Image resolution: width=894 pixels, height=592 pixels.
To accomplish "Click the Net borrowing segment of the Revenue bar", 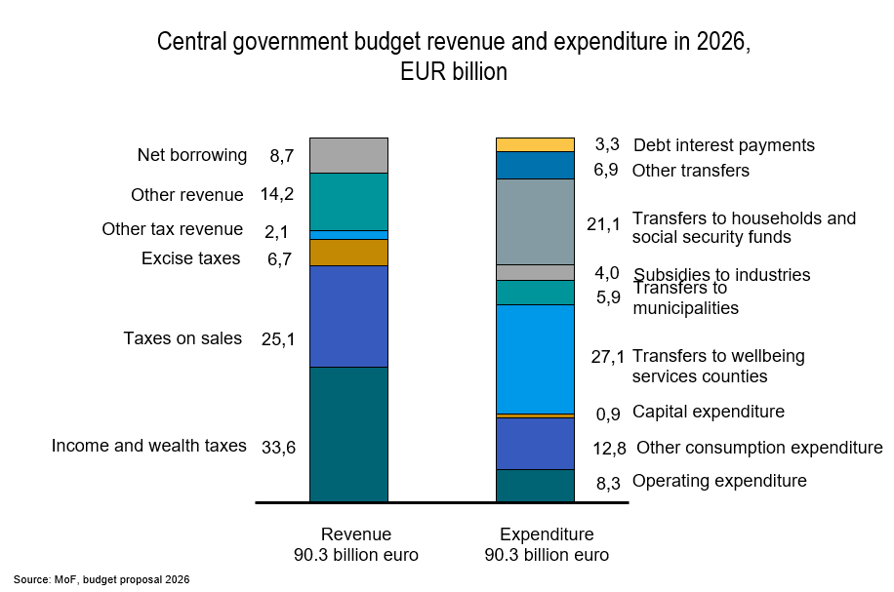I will click(348, 155).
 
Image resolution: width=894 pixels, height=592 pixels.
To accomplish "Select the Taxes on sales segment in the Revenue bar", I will click(348, 316).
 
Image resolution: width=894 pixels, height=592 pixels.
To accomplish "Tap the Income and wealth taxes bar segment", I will click(348, 434).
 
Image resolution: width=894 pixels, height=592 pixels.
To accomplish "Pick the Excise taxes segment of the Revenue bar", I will click(348, 253).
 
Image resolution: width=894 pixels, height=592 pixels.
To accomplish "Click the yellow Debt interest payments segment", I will click(535, 144).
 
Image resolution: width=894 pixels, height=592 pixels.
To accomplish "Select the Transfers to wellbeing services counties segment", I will click(535, 359).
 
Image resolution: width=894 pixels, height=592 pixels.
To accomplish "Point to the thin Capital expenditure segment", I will click(535, 415).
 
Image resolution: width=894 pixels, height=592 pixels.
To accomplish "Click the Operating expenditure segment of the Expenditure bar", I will click(535, 486).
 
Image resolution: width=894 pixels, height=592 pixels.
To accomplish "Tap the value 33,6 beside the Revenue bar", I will click(278, 449).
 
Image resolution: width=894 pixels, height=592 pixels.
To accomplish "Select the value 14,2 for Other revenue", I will click(277, 194).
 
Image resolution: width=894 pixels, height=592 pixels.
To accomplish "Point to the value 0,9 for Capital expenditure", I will click(607, 414).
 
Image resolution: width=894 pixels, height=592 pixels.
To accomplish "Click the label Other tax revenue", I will click(173, 229).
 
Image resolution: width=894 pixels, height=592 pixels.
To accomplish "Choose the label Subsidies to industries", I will click(722, 275).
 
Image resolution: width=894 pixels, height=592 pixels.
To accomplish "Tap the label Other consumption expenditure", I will click(759, 448).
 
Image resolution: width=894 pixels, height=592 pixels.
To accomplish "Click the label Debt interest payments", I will click(723, 145).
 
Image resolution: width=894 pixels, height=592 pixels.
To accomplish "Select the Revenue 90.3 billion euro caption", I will click(356, 545).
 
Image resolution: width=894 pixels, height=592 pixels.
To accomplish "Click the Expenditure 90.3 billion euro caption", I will click(547, 545).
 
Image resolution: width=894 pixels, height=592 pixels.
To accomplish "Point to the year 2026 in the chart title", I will click(721, 43).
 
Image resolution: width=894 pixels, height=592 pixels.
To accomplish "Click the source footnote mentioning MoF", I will click(102, 579).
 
